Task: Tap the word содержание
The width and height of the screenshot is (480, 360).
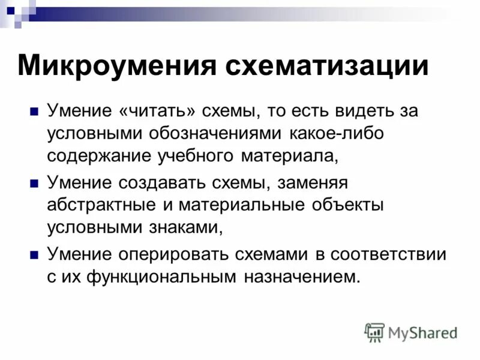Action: pyautogui.click(x=98, y=156)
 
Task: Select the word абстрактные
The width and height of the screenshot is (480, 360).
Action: pyautogui.click(x=101, y=205)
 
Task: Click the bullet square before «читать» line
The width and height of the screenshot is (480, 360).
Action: pyautogui.click(x=34, y=112)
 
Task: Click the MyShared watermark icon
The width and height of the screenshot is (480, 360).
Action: pyautogui.click(x=375, y=332)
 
